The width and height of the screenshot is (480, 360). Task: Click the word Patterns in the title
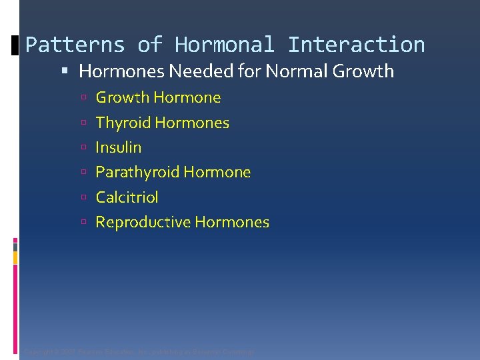pyautogui.click(x=75, y=45)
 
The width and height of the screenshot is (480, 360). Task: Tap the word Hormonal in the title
pyautogui.click(x=224, y=45)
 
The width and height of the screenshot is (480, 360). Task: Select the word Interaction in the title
pyautogui.click(x=356, y=45)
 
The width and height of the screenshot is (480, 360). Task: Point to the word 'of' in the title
pyautogui.click(x=149, y=45)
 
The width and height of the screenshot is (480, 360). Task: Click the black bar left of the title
pyautogui.click(x=15, y=46)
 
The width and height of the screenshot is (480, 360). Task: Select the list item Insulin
pyautogui.click(x=119, y=147)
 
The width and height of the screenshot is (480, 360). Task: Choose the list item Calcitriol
pyautogui.click(x=127, y=197)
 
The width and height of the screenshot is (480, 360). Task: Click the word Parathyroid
pyautogui.click(x=137, y=172)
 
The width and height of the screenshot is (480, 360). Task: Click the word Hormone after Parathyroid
pyautogui.click(x=217, y=172)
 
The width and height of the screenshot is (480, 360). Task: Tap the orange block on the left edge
pyautogui.click(x=15, y=257)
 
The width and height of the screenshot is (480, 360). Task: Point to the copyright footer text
pyautogui.click(x=139, y=351)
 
